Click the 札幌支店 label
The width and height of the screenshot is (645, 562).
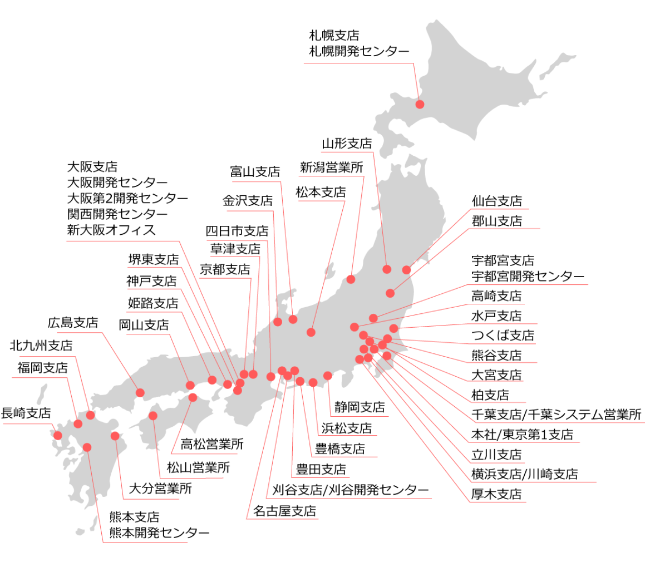coord(334,36)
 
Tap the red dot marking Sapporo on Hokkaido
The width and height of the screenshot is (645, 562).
coord(420,104)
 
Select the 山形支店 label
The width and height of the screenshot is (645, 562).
coord(347,144)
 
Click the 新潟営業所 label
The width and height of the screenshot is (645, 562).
coord(331,167)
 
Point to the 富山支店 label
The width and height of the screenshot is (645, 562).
coord(255,171)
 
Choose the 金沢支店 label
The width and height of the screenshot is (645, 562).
coord(248,201)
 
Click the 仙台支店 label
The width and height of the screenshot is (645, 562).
coord(496,201)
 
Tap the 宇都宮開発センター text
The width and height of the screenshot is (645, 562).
coord(528,276)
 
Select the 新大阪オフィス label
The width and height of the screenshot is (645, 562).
coord(111,230)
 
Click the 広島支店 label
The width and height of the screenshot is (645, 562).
coord(73,323)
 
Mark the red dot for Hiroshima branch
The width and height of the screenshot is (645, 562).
coord(140,392)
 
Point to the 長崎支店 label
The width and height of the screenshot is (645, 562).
coord(26,413)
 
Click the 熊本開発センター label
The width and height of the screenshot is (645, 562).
coord(159,533)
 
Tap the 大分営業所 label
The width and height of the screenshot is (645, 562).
coord(160,489)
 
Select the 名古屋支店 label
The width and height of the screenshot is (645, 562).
coord(284,510)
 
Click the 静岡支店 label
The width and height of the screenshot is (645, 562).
coord(360,407)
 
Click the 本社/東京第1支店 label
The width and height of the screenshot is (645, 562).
coord(521,434)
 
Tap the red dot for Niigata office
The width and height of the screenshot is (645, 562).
coord(351,279)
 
